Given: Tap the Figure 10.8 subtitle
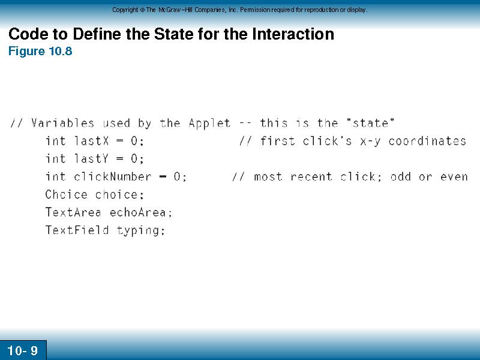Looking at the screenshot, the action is coord(40,51).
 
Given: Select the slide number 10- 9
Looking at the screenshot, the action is coord(22,350).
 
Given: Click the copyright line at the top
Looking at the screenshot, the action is coord(239,10).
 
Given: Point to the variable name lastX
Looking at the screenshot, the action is coord(92,141).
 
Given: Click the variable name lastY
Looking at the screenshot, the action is coord(92,158).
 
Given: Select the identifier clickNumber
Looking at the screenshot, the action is coord(113,176).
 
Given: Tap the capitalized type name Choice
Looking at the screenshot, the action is coord(67,194).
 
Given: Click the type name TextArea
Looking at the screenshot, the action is coord(73,212).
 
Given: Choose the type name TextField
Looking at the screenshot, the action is coord(77,230).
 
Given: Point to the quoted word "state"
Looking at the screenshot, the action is coord(370,123).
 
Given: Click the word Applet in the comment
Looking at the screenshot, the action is coord(209,124).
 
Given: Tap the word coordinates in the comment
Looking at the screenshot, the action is coord(427,141).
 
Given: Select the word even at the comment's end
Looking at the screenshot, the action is coord(454,176).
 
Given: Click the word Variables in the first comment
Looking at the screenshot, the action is coord(62,123).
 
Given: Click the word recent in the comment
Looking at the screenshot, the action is coord(311,176).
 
